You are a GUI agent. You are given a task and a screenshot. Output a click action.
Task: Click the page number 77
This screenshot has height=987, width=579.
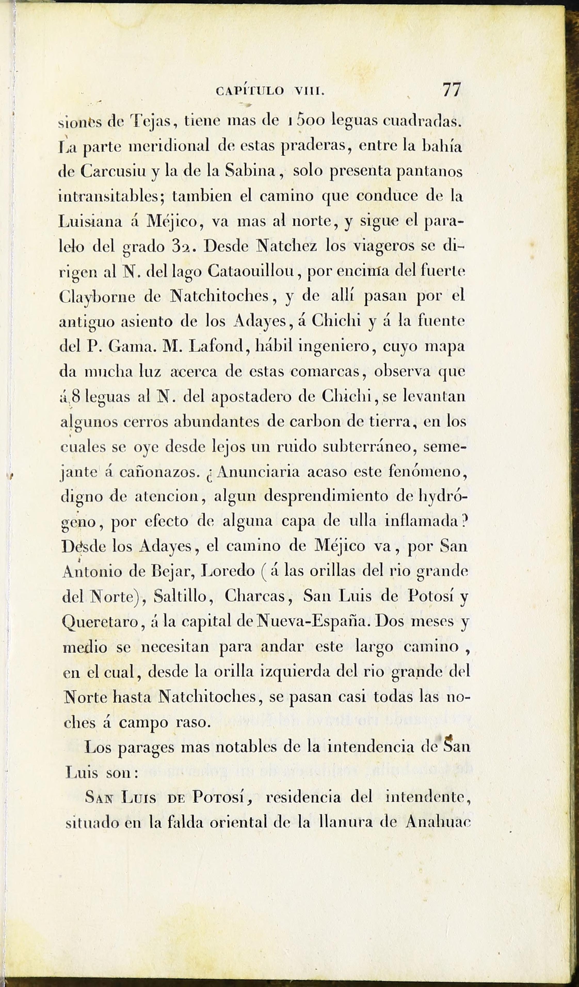452,90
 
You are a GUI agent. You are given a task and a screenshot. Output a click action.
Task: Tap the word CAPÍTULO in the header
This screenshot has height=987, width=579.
250,92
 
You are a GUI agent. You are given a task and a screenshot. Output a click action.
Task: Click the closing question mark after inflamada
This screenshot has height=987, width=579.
463,522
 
